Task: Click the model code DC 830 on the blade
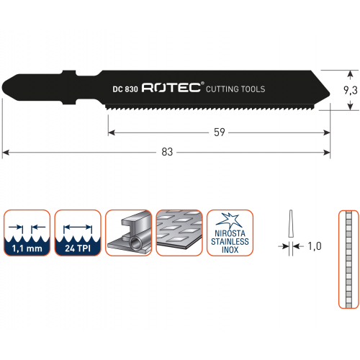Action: pyautogui.click(x=125, y=89)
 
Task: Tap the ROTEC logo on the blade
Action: pyautogui.click(x=171, y=88)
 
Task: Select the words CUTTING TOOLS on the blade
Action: pyautogui.click(x=235, y=89)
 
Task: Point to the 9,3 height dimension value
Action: pyautogui.click(x=351, y=90)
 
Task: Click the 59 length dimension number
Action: pyautogui.click(x=220, y=132)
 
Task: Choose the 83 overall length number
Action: pyautogui.click(x=167, y=152)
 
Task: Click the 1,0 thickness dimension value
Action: pyautogui.click(x=315, y=246)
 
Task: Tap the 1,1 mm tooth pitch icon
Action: pyautogui.click(x=27, y=233)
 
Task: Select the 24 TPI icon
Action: pyautogui.click(x=78, y=233)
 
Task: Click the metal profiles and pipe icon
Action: pyautogui.click(x=129, y=233)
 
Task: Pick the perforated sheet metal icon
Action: pyautogui.click(x=179, y=233)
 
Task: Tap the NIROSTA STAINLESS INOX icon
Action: pyautogui.click(x=230, y=233)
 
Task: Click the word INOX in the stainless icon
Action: pyautogui.click(x=230, y=250)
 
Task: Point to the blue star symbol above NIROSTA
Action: pyautogui.click(x=229, y=220)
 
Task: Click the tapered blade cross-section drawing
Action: pyautogui.click(x=291, y=224)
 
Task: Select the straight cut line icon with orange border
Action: pyautogui.click(x=348, y=259)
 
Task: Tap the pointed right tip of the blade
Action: pyautogui.click(x=329, y=94)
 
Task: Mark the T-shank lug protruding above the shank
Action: pyautogui.click(x=69, y=73)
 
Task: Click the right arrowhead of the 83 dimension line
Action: pyautogui.click(x=327, y=153)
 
